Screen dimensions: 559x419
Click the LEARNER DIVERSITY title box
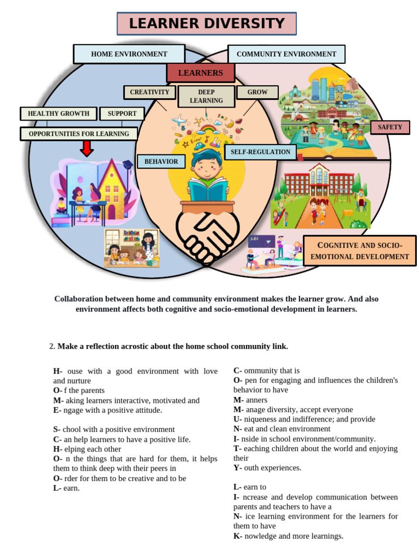click(207, 24)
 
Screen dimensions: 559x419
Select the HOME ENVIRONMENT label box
click(129, 54)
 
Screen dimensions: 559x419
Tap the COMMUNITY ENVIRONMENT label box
click(286, 54)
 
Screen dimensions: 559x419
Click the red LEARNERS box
click(200, 73)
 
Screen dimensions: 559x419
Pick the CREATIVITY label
click(149, 92)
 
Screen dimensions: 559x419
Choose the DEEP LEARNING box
click(206, 96)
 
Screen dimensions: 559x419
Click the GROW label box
click(258, 92)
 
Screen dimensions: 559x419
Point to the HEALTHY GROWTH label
click(58, 114)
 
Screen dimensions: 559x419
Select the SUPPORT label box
click(122, 114)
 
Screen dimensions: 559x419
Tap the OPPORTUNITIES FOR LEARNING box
click(79, 134)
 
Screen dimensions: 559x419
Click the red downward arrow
click(87, 148)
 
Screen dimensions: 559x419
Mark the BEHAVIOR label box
click(161, 162)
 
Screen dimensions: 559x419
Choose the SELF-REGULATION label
click(260, 152)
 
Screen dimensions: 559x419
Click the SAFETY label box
click(390, 127)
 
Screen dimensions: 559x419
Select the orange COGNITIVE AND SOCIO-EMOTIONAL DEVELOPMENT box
click(360, 251)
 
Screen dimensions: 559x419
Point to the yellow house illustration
click(109, 188)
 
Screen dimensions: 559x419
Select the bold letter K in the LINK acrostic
click(236, 536)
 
